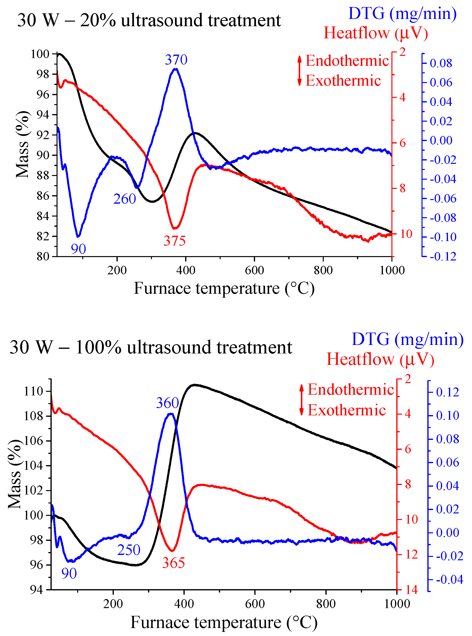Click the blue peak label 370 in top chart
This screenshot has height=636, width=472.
[176, 60]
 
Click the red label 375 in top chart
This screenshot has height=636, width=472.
[174, 241]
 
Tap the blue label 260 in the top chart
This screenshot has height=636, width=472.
[124, 199]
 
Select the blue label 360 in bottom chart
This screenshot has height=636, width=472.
[167, 403]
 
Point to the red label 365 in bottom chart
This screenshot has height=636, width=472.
[174, 563]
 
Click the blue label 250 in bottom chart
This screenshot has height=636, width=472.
[129, 550]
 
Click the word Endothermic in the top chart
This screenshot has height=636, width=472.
[347, 61]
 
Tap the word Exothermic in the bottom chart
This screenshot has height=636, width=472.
[347, 410]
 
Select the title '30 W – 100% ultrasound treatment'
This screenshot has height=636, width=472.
[151, 347]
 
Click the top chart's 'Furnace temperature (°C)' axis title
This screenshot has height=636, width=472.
[224, 288]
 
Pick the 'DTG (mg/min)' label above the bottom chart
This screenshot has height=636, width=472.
[407, 339]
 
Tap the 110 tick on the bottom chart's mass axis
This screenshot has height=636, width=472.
[33, 391]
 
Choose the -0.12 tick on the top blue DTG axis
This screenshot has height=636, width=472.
[443, 256]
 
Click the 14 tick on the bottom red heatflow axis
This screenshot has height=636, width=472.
[411, 589]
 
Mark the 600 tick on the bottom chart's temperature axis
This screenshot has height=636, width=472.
[255, 603]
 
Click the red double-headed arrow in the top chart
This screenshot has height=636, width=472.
[299, 71]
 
